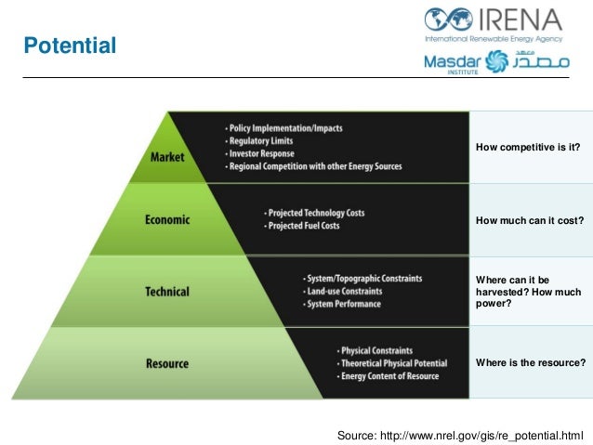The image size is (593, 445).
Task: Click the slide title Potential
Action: point(70,45)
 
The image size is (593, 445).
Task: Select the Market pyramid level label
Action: point(167,156)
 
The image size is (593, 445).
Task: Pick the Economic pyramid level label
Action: point(167,220)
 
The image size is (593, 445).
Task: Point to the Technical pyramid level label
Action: point(167,291)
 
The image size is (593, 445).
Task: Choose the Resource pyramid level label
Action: point(167,363)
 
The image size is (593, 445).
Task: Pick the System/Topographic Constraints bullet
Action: point(362,279)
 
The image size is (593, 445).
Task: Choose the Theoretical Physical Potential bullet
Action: point(394,363)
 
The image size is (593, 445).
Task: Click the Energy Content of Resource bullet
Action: point(390,376)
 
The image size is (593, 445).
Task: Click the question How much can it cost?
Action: point(529,220)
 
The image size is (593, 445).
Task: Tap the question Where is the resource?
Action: point(530,362)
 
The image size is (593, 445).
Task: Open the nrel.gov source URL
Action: point(492,434)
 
